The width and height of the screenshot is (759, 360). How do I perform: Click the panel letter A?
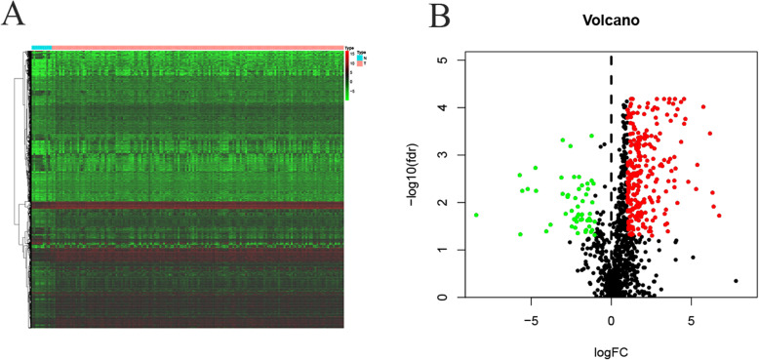click(16, 14)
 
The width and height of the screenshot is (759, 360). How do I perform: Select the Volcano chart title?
click(611, 20)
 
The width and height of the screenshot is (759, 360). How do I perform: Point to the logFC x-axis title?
click(611, 347)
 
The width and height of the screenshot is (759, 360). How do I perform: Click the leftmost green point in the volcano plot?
click(476, 215)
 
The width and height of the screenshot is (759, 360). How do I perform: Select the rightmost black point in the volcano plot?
click(736, 281)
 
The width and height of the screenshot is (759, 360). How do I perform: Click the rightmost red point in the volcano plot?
click(719, 215)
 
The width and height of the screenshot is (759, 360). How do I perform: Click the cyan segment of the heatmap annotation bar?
click(42, 46)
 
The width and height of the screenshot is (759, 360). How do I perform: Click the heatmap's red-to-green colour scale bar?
click(348, 74)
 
